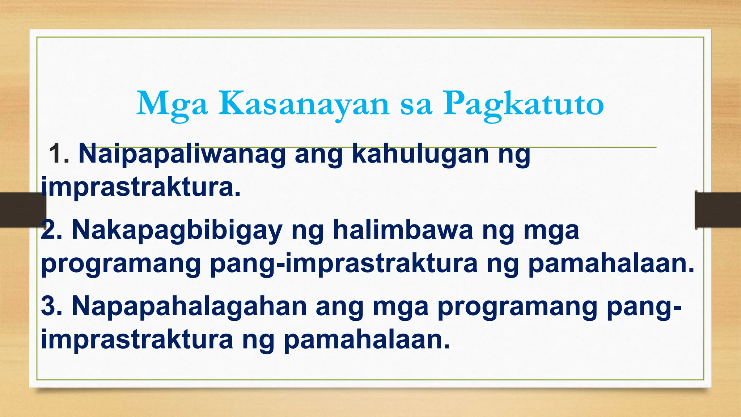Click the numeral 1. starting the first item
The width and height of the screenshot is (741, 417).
click(x=59, y=154)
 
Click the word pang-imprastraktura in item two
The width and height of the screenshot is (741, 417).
click(x=344, y=264)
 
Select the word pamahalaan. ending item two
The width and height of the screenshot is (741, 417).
click(x=611, y=264)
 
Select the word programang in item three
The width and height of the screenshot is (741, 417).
click(x=517, y=306)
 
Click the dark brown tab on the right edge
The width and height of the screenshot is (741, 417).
click(x=718, y=210)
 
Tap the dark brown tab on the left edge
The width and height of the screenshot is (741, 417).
click(x=22, y=210)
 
